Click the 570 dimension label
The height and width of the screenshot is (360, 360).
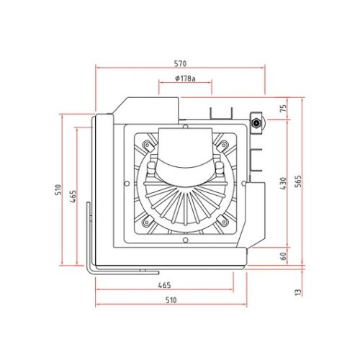point(180,63)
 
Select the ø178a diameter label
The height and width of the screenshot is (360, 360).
point(185,78)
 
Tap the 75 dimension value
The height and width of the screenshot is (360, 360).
point(284,108)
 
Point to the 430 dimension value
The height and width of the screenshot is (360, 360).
point(284,184)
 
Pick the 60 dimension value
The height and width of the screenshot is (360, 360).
point(284,256)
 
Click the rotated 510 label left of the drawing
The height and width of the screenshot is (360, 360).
point(58,190)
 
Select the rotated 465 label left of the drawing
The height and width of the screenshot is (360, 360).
point(73,197)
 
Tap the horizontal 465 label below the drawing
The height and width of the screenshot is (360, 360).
point(165,285)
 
